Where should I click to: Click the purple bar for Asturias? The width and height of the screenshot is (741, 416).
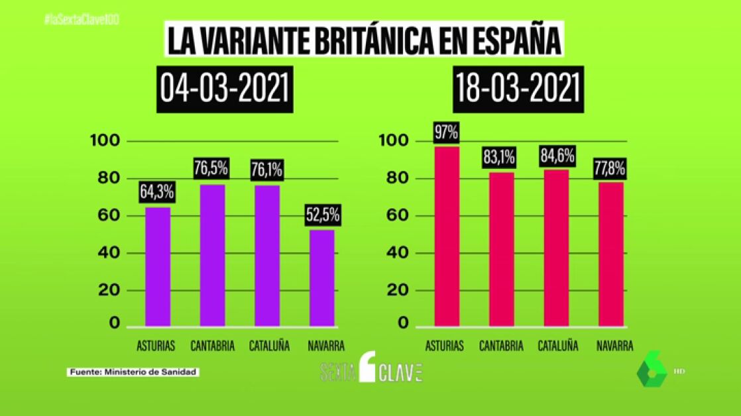click(x=158, y=266)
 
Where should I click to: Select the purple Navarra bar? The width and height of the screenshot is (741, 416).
click(x=321, y=278)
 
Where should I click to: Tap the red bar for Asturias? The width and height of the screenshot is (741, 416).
click(x=447, y=236)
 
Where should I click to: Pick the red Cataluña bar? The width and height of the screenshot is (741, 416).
click(x=556, y=248)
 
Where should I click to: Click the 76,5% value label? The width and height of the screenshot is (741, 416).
click(x=211, y=168)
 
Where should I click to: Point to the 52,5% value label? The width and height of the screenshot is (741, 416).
click(x=323, y=215)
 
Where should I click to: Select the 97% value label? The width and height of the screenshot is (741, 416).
click(x=446, y=132)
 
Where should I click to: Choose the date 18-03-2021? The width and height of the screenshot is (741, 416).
click(x=518, y=89)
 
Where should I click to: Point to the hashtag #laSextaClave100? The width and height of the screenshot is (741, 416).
click(x=81, y=20)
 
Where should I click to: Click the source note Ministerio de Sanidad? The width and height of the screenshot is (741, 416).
click(x=134, y=372)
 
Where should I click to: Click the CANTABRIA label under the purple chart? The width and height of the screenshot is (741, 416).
click(x=212, y=346)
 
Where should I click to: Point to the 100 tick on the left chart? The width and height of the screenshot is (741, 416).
click(x=105, y=140)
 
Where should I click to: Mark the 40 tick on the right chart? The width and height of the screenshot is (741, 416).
click(x=391, y=253)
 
